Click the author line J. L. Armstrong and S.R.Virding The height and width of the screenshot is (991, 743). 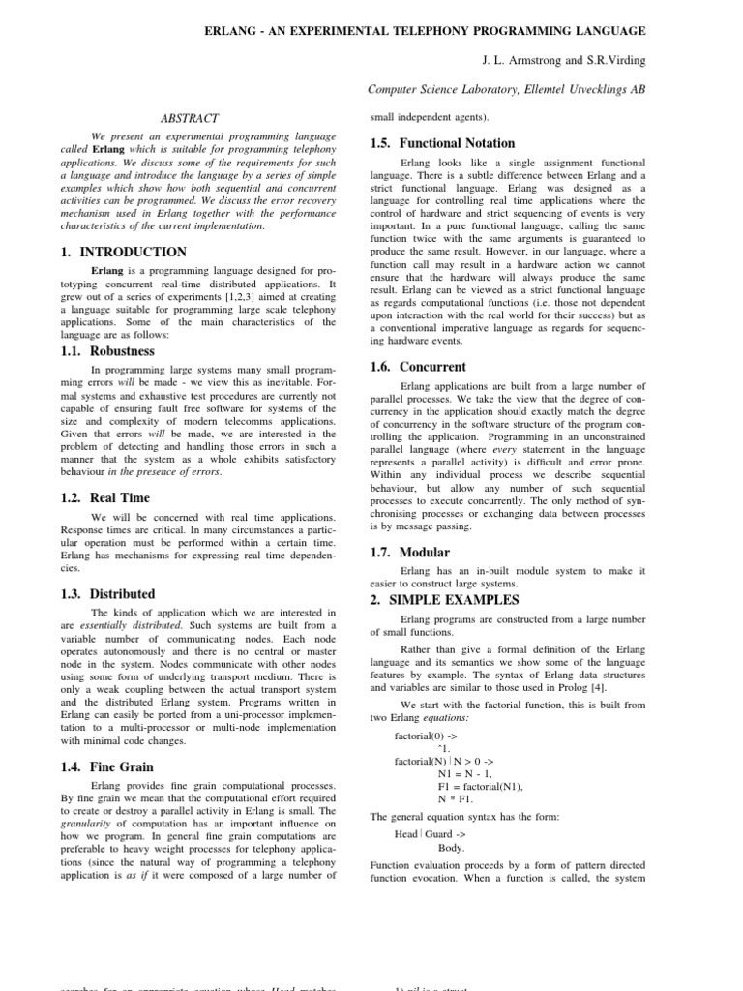pos(564,60)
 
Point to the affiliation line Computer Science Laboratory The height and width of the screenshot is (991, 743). pos(507,89)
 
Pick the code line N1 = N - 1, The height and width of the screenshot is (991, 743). pos(465,773)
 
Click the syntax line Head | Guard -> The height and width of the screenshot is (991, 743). pos(430,834)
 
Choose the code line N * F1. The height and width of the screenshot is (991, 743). pos(457,798)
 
